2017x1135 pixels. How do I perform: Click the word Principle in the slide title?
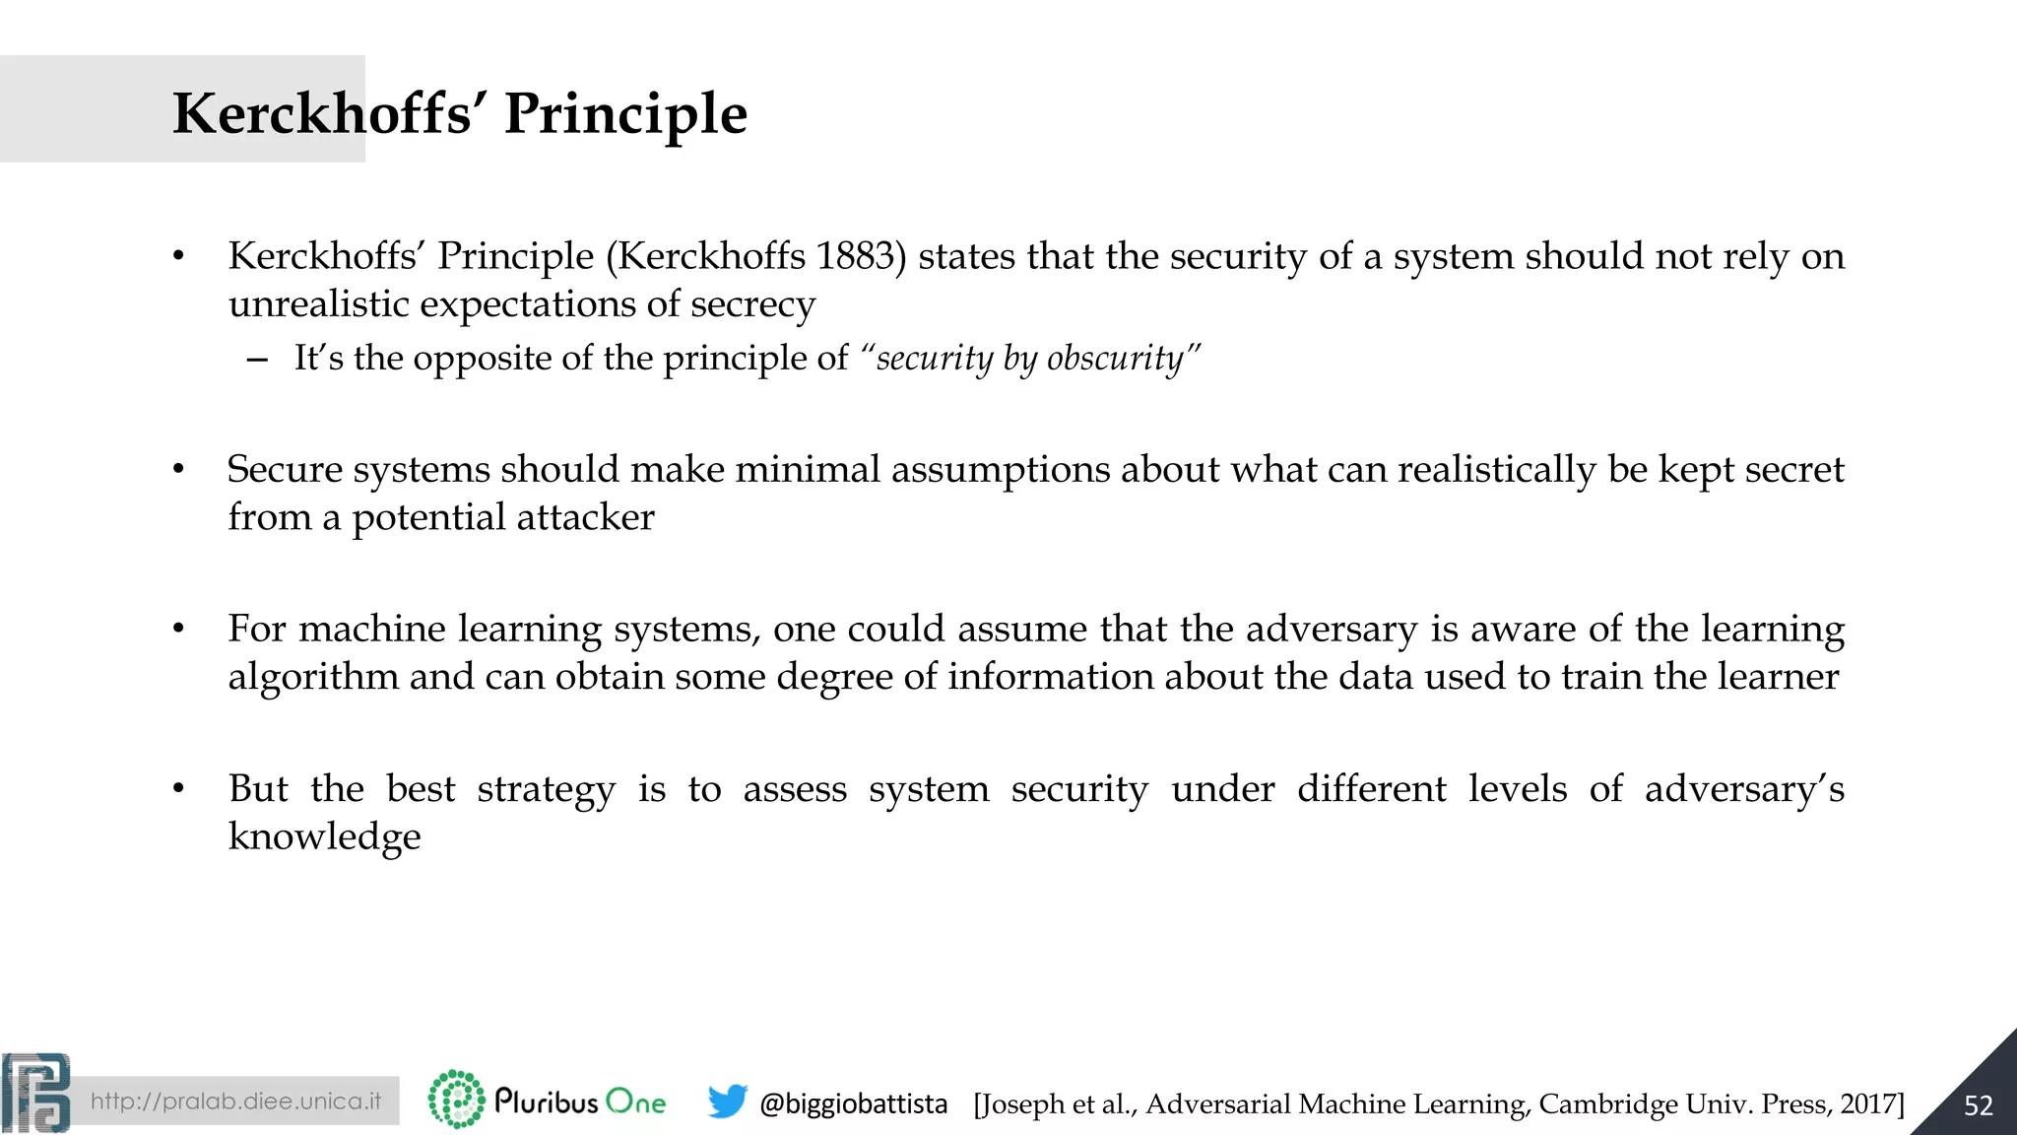pos(625,114)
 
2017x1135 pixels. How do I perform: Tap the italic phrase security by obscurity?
pos(1029,358)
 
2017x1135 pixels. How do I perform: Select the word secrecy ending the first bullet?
pos(752,304)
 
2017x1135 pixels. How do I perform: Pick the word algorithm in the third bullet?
pos(313,678)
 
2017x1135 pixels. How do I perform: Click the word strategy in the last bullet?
pos(547,790)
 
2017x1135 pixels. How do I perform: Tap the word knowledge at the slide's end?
pos(324,836)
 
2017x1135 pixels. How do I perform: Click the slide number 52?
pos(1978,1105)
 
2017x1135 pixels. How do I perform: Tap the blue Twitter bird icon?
pos(728,1102)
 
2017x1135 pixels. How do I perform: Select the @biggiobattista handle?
pos(853,1103)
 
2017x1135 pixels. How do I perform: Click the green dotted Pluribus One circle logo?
pos(456,1100)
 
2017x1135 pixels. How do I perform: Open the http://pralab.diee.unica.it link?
pos(235,1101)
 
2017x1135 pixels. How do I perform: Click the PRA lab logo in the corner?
pos(36,1094)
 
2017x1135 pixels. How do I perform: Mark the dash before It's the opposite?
pos(257,360)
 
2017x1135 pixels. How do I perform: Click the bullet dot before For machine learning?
pos(178,630)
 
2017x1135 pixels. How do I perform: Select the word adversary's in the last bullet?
pos(1743,789)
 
